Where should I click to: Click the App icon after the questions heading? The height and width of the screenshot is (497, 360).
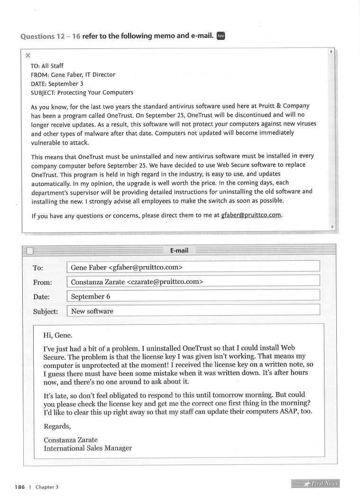221,36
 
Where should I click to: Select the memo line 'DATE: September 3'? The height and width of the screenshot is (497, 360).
57,83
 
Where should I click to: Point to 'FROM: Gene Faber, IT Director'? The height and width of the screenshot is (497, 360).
73,75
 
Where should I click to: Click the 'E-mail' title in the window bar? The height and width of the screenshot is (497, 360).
179,250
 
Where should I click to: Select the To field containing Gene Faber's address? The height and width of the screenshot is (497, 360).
194,268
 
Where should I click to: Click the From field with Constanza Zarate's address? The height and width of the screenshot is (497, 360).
194,282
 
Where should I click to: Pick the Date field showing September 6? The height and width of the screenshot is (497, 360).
194,296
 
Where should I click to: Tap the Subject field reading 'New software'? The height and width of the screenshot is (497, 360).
194,311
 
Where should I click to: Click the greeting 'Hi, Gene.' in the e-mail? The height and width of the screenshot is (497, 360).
58,336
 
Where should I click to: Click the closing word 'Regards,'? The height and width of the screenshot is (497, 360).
57,426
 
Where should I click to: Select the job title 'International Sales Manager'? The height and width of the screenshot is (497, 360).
88,448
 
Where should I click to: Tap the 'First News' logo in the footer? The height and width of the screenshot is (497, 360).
315,484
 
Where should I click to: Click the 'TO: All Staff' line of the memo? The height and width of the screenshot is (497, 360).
47,66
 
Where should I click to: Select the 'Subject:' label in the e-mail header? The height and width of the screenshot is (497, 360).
46,311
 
